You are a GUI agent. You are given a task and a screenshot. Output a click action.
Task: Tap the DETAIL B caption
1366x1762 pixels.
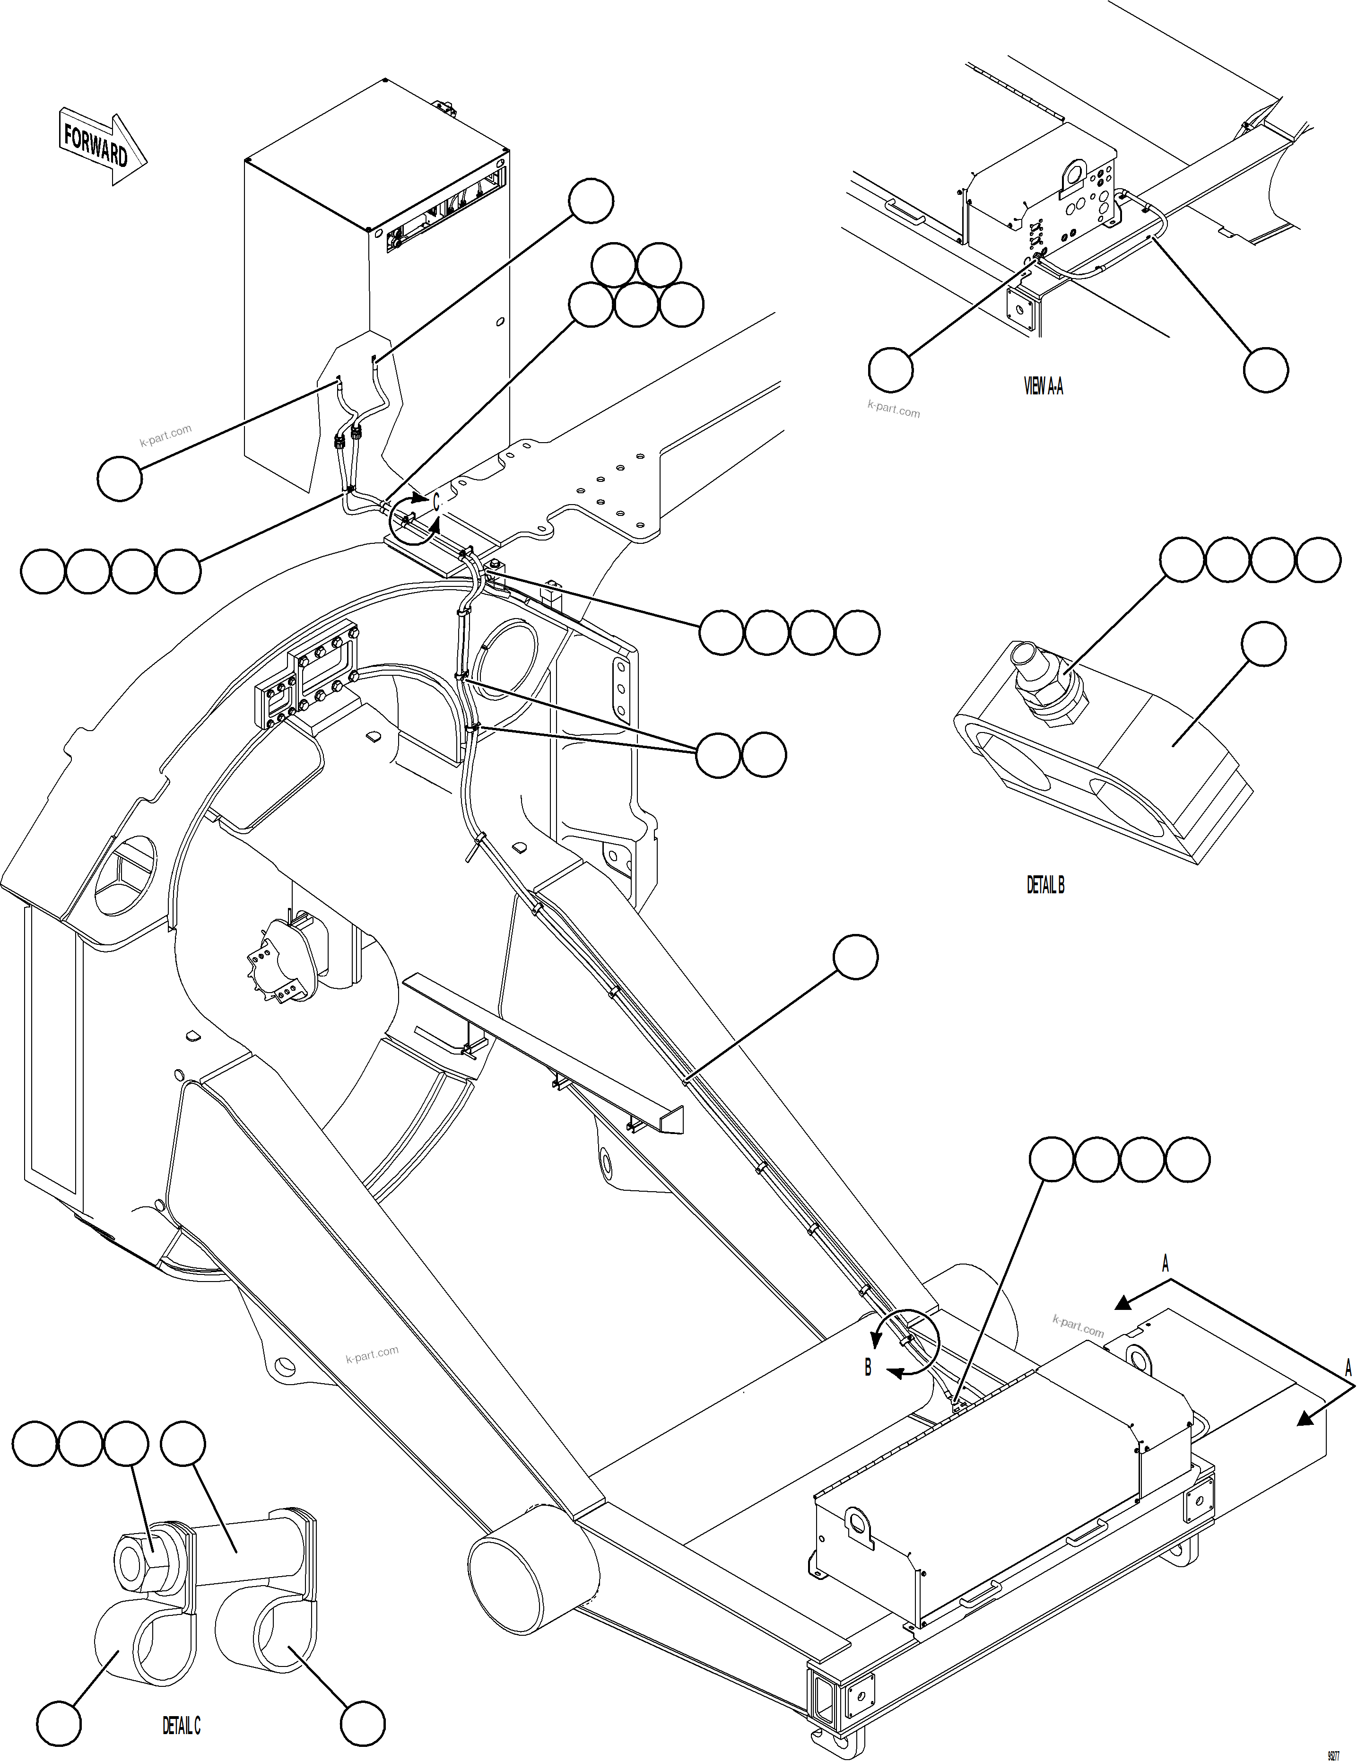coord(1045,885)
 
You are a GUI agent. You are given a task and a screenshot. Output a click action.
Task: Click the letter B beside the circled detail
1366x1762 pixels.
coord(868,1368)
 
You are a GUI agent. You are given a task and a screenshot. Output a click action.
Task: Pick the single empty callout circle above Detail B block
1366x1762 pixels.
coord(1263,644)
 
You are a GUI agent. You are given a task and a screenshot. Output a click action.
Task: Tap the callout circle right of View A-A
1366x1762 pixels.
coord(1265,369)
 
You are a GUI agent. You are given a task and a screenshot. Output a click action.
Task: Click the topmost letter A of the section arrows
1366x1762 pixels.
coord(1164,1264)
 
